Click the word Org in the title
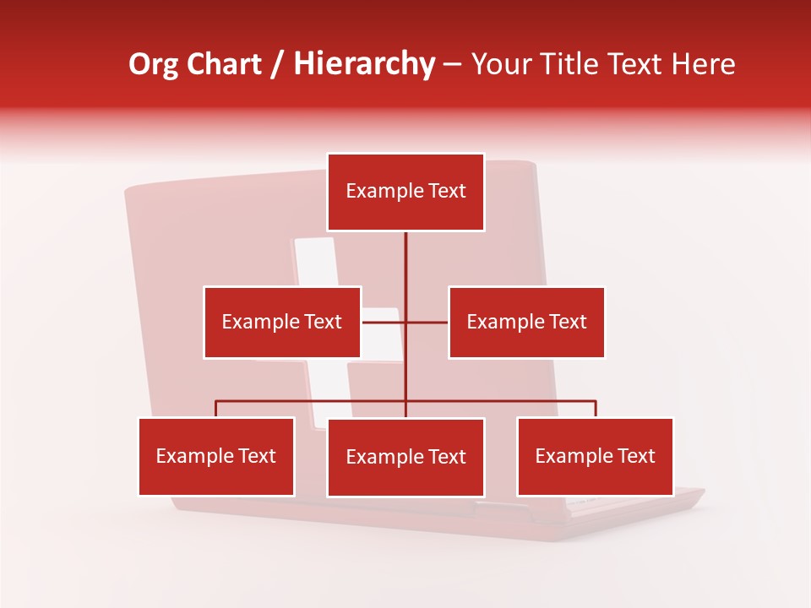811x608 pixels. coord(154,64)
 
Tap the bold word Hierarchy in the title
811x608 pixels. coord(363,64)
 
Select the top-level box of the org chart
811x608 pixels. coord(405,192)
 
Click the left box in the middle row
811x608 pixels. coord(282,322)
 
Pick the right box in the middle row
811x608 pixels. coord(526,322)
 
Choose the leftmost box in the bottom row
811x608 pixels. coord(216,456)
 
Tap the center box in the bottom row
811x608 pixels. coord(405,457)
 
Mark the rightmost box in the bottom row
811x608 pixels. coord(595,456)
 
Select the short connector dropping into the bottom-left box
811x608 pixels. coord(216,409)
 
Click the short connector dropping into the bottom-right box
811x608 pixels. coord(596,409)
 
